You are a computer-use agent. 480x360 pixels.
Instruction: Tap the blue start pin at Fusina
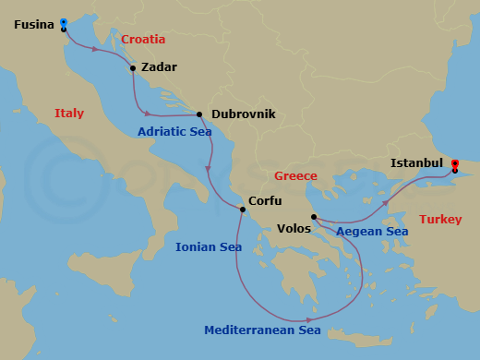point(63,22)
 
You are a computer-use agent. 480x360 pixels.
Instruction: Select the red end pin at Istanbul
point(455,164)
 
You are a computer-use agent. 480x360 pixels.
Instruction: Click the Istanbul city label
point(416,162)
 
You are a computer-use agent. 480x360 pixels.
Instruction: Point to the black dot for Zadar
point(133,67)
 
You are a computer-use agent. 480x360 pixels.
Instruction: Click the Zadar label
point(159,67)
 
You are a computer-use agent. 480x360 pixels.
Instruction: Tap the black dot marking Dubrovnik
point(199,114)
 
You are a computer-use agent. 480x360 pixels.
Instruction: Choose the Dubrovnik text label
point(244,114)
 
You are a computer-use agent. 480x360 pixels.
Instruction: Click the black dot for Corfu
point(243,210)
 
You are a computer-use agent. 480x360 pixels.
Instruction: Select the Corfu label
point(266,200)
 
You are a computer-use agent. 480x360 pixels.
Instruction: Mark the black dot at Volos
point(314,217)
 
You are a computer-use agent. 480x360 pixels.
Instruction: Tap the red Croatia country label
point(143,40)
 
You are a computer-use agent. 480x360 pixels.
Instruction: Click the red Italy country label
point(68,114)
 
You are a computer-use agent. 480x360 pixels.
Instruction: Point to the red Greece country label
point(295,175)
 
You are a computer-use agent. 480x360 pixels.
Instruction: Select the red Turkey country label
point(441,220)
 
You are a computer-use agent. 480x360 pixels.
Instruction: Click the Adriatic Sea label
point(174,132)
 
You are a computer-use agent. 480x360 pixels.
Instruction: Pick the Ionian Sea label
point(209,246)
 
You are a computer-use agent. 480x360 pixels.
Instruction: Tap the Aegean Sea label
point(372,232)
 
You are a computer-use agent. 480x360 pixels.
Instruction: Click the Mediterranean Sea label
point(262,330)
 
